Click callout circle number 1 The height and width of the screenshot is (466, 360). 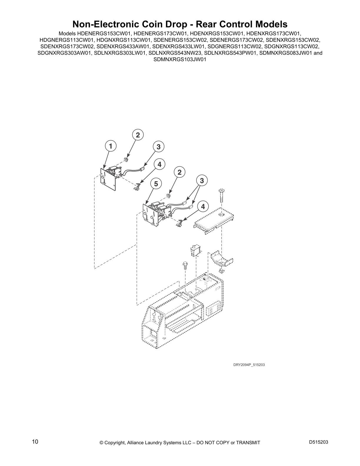pos(110,146)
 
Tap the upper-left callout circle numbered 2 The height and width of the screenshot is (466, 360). pos(138,135)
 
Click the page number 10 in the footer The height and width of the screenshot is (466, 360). pos(35,442)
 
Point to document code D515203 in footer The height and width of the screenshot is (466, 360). pos(319,442)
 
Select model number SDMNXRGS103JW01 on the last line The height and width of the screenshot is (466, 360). pos(180,59)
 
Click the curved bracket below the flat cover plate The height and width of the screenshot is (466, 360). pos(222,258)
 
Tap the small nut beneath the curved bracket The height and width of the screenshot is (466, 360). pos(222,271)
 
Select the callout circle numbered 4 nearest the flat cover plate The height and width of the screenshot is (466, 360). pos(203,207)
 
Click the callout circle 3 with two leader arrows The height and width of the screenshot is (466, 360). pos(202,180)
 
